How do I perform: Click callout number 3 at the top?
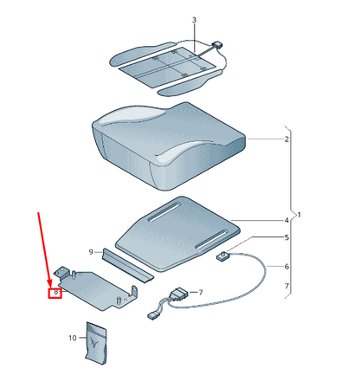tap(194, 20)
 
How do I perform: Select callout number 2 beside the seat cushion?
tap(286, 139)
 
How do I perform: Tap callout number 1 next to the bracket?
tap(299, 215)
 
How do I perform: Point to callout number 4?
tap(286, 221)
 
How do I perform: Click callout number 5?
tap(286, 237)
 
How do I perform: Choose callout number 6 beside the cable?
tap(286, 267)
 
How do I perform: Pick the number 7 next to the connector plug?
tap(201, 293)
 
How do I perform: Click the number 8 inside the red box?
tap(56, 292)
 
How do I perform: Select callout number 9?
tap(91, 252)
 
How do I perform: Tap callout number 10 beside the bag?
tap(73, 338)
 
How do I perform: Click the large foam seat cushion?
tap(169, 145)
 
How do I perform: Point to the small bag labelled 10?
tap(96, 343)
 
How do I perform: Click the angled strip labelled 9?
tap(128, 265)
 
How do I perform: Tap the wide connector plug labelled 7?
tap(179, 294)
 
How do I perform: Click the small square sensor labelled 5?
tap(223, 255)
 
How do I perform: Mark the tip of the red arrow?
tap(50, 287)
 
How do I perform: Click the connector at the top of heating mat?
tap(217, 45)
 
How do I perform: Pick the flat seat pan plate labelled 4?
tap(177, 234)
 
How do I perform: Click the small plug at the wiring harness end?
tap(152, 315)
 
